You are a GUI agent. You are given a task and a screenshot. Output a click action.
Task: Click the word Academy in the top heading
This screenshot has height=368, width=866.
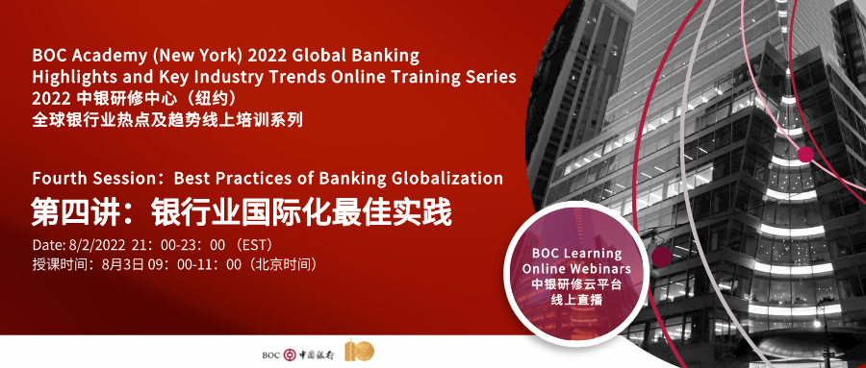tap(103, 55)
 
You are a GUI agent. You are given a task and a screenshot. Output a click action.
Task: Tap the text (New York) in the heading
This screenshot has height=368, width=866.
tap(187, 55)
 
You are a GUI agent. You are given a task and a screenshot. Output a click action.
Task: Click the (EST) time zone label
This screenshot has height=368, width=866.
tap(270, 244)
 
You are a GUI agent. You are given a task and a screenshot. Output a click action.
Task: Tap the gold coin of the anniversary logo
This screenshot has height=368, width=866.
tap(362, 352)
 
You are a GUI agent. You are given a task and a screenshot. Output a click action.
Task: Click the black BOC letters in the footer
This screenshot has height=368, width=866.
tap(271, 353)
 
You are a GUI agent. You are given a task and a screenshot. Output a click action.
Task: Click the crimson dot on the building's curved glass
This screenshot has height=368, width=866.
tap(805, 154)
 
